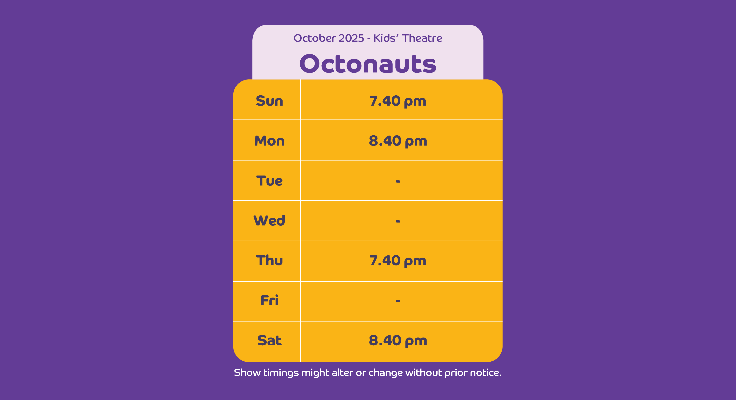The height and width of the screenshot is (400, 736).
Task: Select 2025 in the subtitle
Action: [x=351, y=38]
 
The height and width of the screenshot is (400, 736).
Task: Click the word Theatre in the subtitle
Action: [x=422, y=38]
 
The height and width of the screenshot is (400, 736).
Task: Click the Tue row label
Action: [x=269, y=181]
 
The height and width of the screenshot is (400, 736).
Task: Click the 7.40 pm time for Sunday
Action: [x=398, y=101]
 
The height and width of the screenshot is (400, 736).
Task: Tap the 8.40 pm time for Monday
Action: [x=398, y=141]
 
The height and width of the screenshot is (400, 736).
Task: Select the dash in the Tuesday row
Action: [x=398, y=181]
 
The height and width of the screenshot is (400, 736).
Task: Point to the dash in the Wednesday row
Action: [x=398, y=221]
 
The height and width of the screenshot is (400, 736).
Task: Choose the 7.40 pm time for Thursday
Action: [x=398, y=261]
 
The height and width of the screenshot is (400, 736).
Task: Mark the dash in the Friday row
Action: [x=398, y=301]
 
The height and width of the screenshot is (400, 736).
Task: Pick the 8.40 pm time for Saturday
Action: [x=398, y=341]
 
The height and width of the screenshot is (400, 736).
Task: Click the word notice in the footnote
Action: [x=486, y=373]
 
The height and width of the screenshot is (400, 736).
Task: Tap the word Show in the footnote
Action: [x=247, y=373]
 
